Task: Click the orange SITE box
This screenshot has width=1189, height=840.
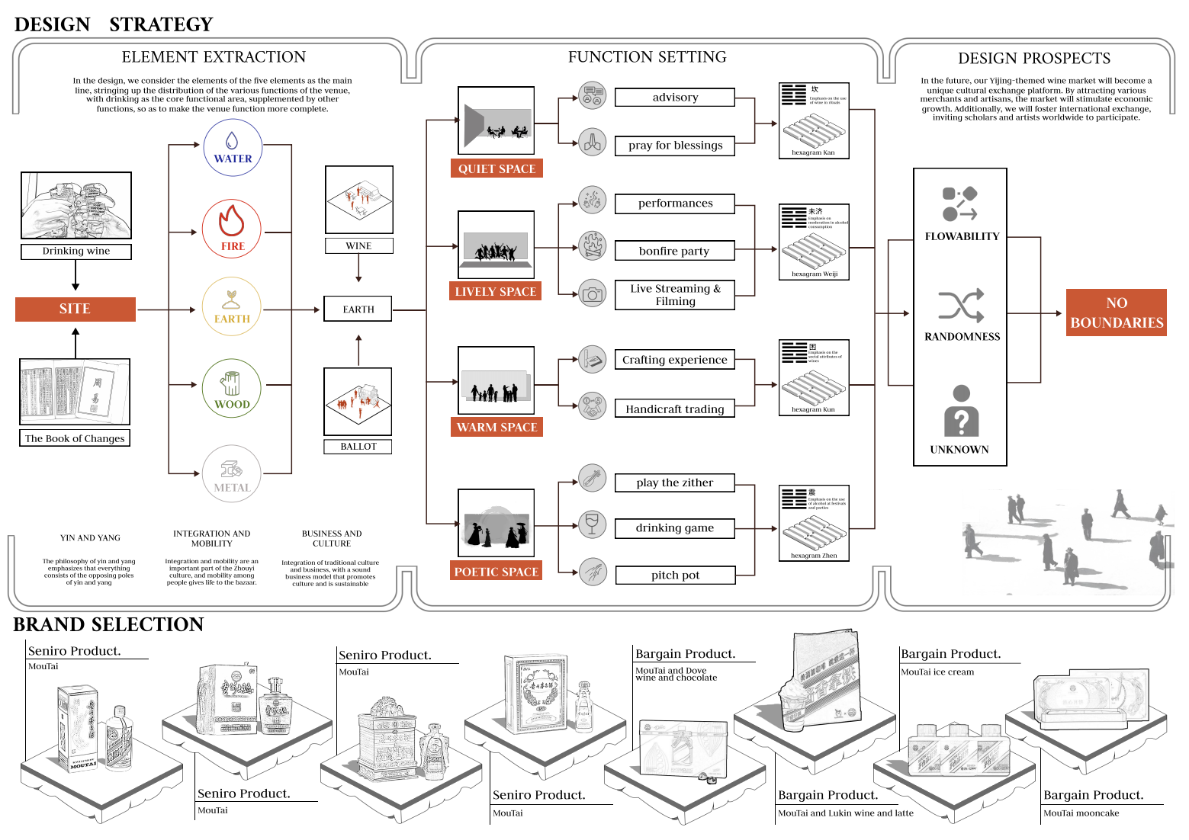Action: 75,309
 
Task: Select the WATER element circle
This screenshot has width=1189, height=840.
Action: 233,147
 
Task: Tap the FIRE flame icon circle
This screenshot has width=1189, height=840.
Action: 232,229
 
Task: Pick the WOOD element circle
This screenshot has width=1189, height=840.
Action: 232,388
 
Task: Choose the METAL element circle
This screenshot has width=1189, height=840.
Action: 232,473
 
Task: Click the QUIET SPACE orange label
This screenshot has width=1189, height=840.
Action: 496,168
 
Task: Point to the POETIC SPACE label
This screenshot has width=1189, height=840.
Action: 496,572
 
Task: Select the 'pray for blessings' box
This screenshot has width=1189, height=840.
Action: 675,146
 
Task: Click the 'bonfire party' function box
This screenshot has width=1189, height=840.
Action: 675,251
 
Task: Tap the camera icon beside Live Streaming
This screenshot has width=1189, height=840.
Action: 592,293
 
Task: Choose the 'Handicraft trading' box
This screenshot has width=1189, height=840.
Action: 675,409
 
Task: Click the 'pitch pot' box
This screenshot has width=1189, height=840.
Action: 675,575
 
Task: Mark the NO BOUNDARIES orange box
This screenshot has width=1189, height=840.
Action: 1116,313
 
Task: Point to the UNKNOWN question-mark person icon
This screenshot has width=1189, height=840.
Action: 961,411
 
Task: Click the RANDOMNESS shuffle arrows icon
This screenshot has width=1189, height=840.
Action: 961,306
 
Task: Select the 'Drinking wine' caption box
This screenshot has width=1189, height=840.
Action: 76,251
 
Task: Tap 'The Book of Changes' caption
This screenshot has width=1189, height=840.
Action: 75,438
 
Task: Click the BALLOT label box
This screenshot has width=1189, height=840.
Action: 358,447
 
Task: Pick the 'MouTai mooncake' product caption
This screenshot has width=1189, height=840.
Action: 1081,813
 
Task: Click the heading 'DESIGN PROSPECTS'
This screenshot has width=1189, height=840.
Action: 1034,59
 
